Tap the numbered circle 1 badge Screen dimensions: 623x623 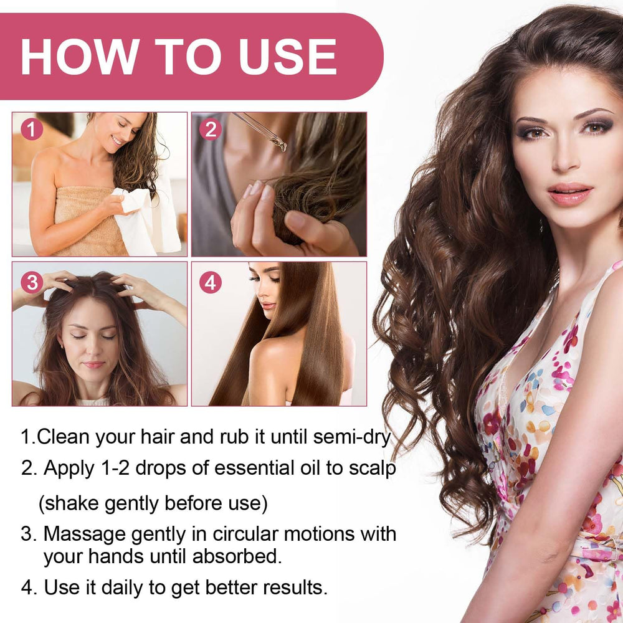(32, 129)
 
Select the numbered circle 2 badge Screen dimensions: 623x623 (211, 129)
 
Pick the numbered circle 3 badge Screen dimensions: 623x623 (32, 283)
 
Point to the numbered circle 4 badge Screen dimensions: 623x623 (211, 283)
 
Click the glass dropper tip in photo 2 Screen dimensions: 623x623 (282, 148)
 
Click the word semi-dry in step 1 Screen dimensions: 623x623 (352, 437)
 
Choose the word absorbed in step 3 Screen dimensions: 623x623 (237, 556)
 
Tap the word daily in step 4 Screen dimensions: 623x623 (122, 587)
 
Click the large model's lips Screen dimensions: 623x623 (570, 194)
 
